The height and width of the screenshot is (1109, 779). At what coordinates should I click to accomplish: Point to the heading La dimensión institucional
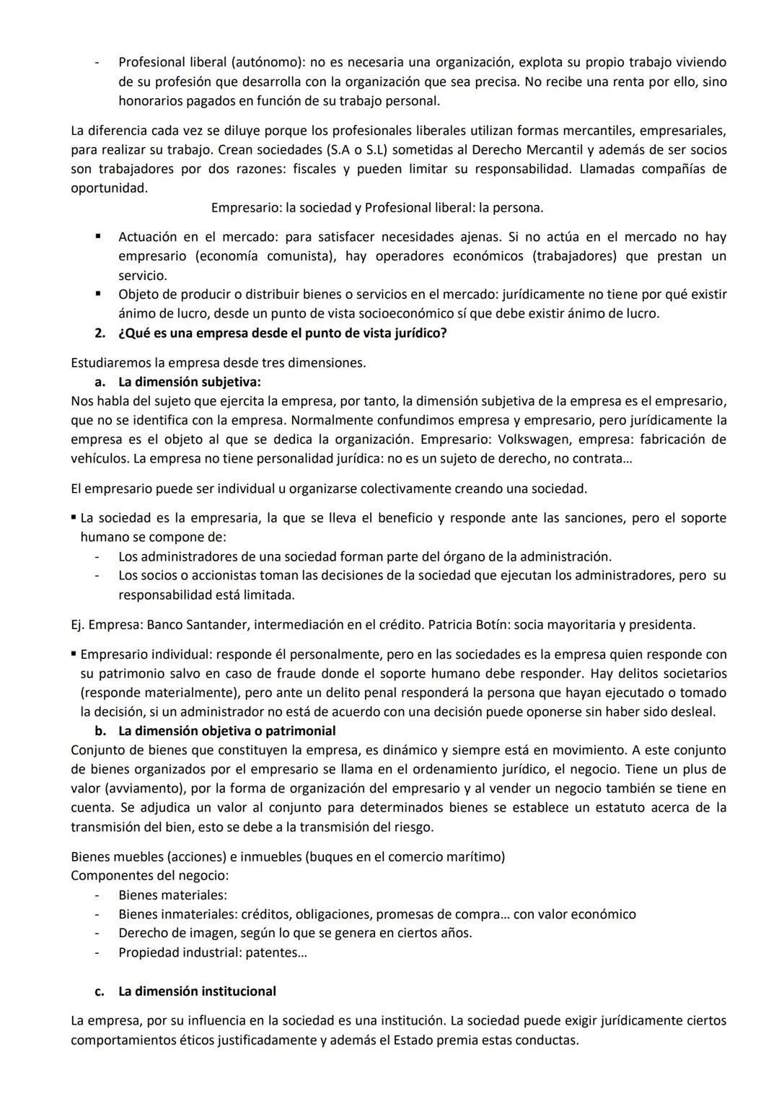pos(197,991)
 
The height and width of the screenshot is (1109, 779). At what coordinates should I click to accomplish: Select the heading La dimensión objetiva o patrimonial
pos(226,731)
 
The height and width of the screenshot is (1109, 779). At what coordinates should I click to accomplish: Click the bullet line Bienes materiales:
pos(172,895)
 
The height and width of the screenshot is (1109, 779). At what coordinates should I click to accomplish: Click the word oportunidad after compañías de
pos(108,188)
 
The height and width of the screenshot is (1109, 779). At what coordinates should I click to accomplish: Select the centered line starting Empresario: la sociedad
pos(377,208)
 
